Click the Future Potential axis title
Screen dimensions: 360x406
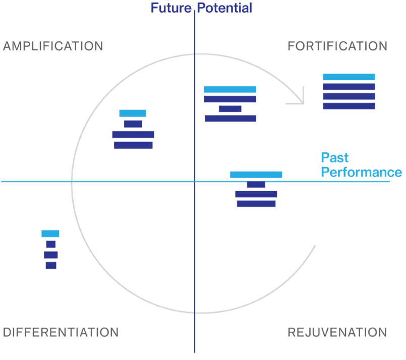[201, 8]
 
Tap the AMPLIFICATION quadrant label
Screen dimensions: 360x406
[53, 46]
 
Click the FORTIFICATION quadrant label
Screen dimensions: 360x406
[337, 46]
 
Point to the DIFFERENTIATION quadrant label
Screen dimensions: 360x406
[61, 332]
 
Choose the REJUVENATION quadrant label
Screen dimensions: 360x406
[337, 332]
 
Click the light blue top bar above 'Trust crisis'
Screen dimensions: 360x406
[256, 174]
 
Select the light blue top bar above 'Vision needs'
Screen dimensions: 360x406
[50, 233]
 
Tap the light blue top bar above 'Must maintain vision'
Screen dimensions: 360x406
[349, 77]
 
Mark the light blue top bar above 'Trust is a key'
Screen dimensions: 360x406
[133, 113]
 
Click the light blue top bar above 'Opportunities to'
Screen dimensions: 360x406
[230, 89]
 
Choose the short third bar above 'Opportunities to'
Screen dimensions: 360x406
[230, 109]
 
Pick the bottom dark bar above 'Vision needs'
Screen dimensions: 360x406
[50, 265]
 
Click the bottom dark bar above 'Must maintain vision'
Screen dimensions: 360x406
[349, 106]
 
